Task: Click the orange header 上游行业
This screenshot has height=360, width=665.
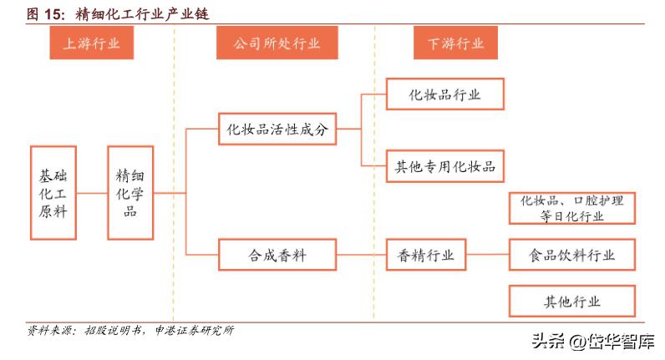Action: [x=91, y=43]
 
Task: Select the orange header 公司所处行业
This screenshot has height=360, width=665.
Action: [x=267, y=43]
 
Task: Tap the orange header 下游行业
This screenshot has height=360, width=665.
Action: [x=449, y=43]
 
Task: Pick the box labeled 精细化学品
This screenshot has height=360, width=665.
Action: [x=130, y=194]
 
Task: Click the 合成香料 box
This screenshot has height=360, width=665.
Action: [x=277, y=256]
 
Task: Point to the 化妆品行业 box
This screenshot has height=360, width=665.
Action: [x=444, y=94]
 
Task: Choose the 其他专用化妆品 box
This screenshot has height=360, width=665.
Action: [x=444, y=167]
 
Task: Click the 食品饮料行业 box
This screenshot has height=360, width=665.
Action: [x=572, y=256]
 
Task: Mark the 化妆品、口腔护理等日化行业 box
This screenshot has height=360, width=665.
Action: [x=572, y=208]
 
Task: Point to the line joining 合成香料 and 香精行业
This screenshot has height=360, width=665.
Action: [x=361, y=256]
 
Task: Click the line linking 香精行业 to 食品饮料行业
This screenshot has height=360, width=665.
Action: [x=488, y=256]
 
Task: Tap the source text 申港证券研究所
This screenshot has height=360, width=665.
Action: [x=194, y=330]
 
